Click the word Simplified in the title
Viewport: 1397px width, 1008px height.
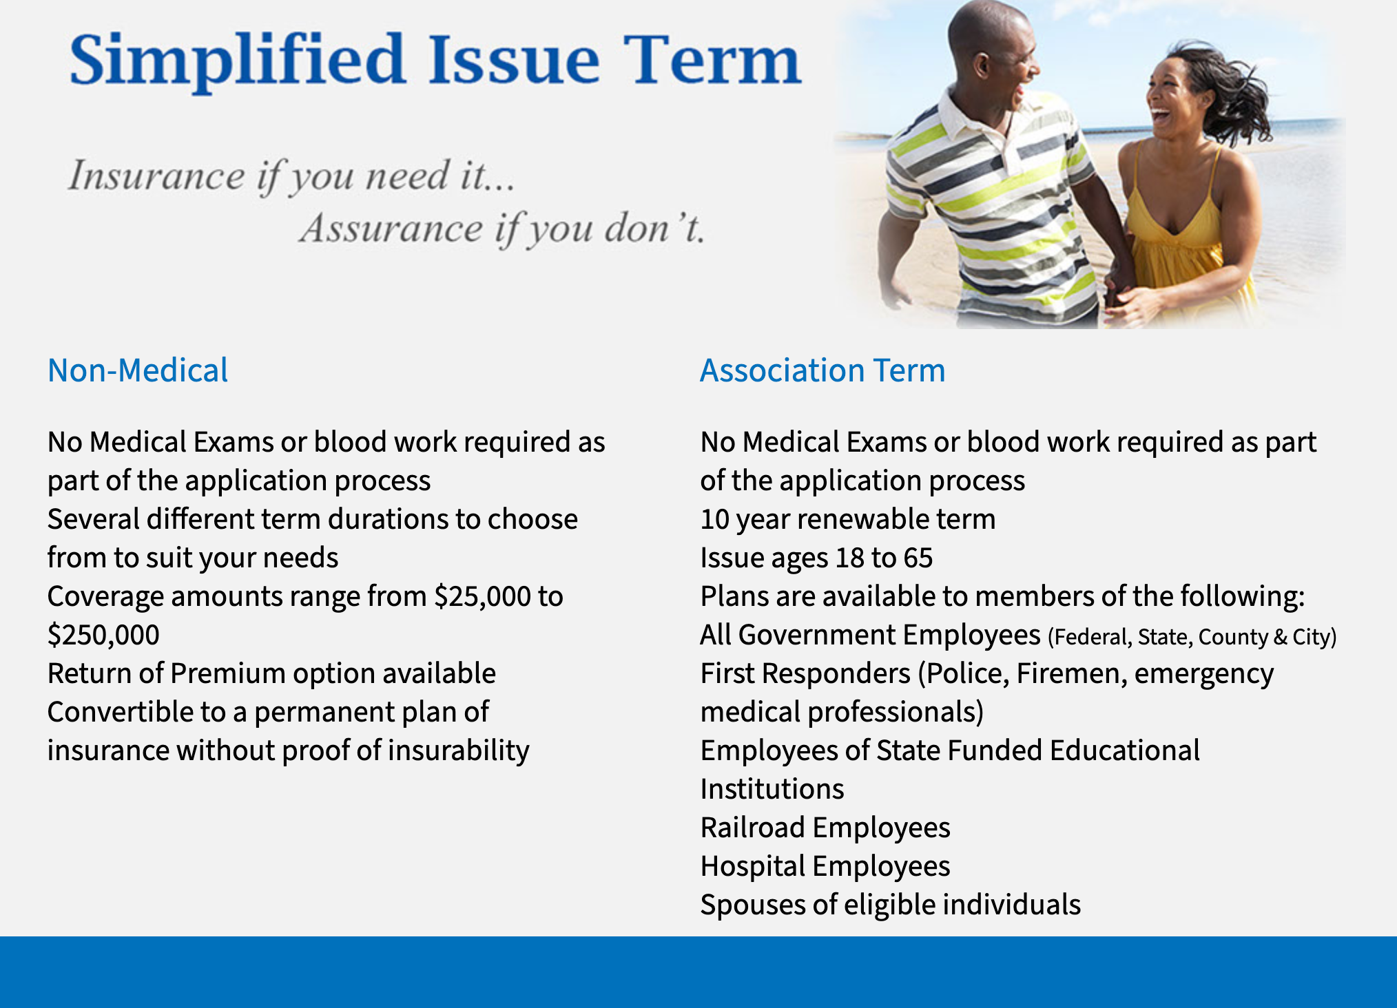(x=237, y=61)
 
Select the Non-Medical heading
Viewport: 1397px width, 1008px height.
(x=138, y=370)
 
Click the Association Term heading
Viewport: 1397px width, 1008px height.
(x=822, y=370)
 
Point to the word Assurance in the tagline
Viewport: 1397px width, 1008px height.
(x=391, y=229)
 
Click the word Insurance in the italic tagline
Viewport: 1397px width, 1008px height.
(x=156, y=176)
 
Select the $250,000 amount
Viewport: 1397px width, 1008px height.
(x=103, y=635)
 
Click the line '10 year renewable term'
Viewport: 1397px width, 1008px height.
(x=848, y=519)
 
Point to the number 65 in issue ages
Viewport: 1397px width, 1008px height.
(x=918, y=558)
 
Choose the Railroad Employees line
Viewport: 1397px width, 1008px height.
(x=825, y=828)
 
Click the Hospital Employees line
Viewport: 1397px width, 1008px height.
(x=825, y=866)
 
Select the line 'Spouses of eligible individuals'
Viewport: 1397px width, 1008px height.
(x=891, y=905)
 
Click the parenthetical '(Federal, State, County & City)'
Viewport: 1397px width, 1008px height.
(x=1192, y=637)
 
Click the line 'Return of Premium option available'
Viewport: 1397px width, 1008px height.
(x=271, y=673)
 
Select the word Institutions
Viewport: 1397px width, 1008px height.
(x=772, y=789)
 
